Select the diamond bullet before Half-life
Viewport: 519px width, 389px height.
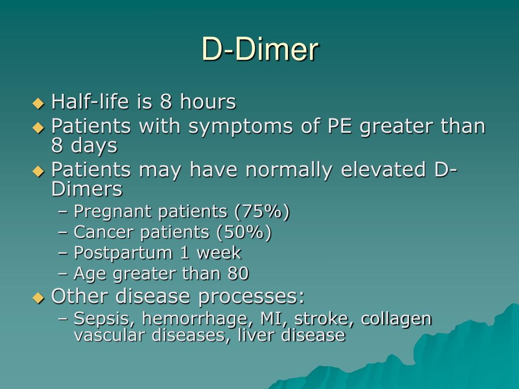(39, 103)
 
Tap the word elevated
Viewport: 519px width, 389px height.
(384, 170)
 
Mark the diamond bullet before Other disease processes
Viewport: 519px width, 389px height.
(39, 298)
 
